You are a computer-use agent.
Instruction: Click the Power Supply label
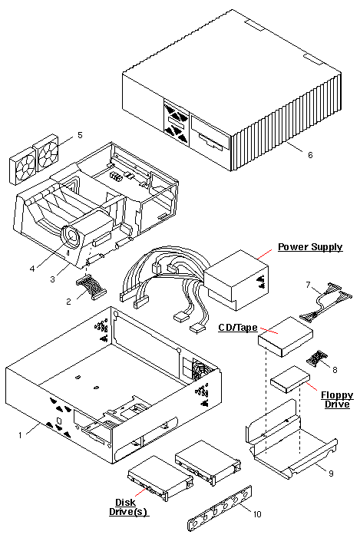click(x=310, y=247)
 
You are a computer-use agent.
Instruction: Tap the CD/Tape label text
click(x=238, y=328)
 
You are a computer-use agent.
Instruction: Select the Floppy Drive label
click(x=337, y=400)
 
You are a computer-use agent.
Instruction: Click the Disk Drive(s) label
click(x=128, y=507)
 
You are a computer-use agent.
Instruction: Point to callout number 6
click(x=310, y=155)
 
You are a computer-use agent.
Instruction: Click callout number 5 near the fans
click(x=80, y=135)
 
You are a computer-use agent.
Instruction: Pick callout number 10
click(x=257, y=513)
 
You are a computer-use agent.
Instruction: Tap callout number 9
click(x=331, y=474)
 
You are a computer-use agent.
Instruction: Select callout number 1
click(x=20, y=435)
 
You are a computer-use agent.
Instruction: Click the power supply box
click(x=236, y=279)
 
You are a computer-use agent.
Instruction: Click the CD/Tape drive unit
click(x=286, y=337)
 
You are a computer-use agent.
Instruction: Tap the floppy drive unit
click(x=290, y=379)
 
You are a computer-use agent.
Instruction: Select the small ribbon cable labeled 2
click(x=91, y=289)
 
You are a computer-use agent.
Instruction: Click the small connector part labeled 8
click(x=316, y=358)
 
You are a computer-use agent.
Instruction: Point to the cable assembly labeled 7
click(x=326, y=302)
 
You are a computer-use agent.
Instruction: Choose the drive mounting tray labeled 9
click(x=291, y=439)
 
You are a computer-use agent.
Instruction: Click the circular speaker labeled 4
click(x=72, y=236)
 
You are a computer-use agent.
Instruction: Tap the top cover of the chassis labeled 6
click(x=232, y=90)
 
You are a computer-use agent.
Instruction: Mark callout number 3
click(x=52, y=279)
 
